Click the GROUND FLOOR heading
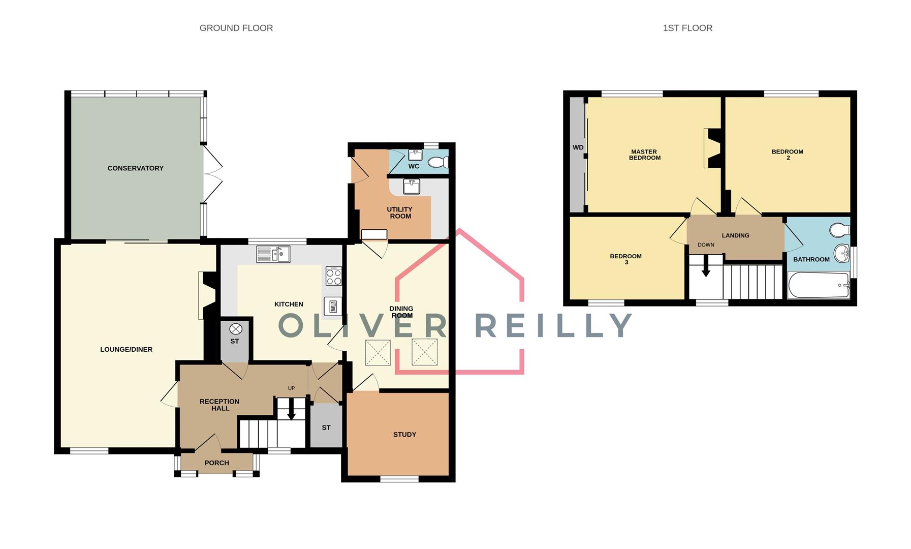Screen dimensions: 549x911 [x=236, y=28]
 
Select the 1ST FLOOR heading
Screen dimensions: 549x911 [x=687, y=28]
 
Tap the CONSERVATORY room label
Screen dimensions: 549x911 [x=135, y=168]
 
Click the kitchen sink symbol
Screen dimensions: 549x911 [x=273, y=254]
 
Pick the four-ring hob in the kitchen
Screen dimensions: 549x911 [x=333, y=277]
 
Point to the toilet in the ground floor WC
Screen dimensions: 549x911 [x=438, y=162]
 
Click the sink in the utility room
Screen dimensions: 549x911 [x=411, y=187]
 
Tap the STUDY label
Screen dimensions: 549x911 [x=404, y=435]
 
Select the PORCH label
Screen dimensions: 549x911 [x=216, y=463]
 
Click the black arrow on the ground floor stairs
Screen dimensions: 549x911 [x=291, y=410]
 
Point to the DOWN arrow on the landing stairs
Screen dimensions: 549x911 [x=706, y=267]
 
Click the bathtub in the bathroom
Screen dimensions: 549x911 [x=818, y=285]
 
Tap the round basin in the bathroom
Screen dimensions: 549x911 [x=841, y=253]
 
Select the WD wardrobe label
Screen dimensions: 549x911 [x=578, y=148]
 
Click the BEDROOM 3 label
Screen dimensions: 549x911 [x=625, y=259]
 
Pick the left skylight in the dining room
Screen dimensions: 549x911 [x=378, y=353]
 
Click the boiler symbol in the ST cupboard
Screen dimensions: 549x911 [x=236, y=329]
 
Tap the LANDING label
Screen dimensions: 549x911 [x=735, y=235]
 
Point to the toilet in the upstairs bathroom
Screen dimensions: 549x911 [x=839, y=230]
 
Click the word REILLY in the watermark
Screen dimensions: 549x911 [x=553, y=326]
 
